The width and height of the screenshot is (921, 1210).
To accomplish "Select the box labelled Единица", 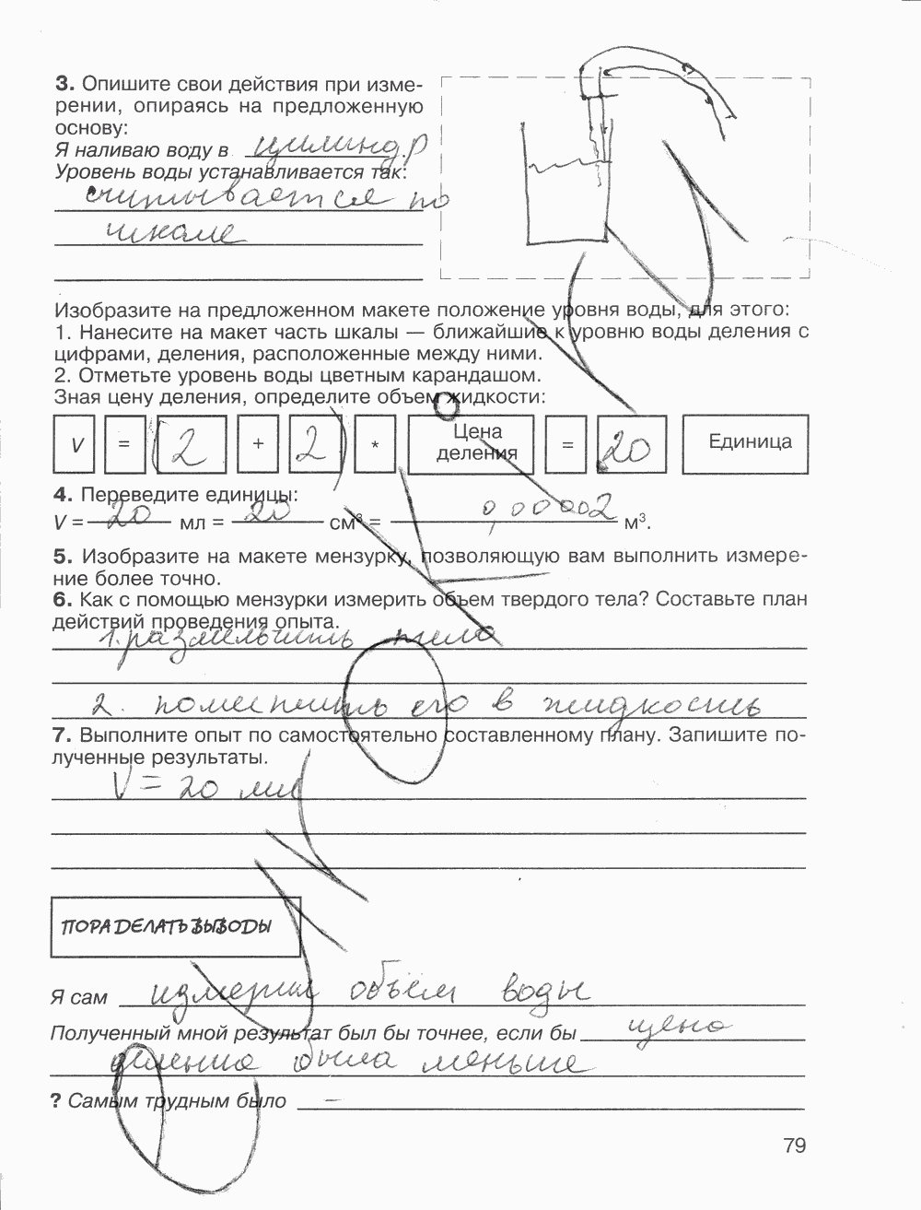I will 750,442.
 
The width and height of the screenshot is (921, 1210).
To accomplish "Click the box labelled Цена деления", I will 477,442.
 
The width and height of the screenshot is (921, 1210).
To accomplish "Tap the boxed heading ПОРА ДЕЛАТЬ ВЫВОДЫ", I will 174,927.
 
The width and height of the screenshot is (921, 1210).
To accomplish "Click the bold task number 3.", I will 63,85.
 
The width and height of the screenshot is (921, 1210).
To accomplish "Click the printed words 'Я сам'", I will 80,997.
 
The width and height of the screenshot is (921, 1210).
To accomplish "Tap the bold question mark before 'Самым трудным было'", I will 56,1100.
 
